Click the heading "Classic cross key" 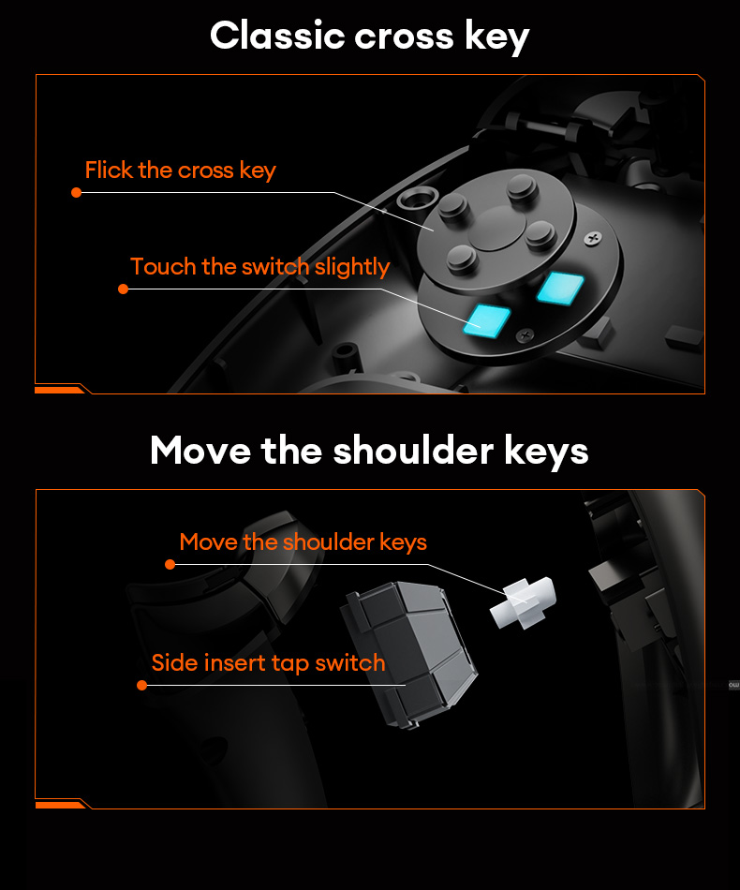click(x=369, y=37)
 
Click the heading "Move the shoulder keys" click(x=369, y=451)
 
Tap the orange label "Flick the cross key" click(x=180, y=171)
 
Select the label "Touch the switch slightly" click(x=259, y=267)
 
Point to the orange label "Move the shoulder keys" click(x=303, y=542)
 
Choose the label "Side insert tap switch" click(x=268, y=663)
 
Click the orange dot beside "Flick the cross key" click(x=77, y=193)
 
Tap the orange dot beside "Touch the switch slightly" click(x=123, y=289)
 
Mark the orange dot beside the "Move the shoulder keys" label click(x=170, y=564)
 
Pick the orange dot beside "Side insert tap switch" click(x=141, y=685)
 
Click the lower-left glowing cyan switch click(x=487, y=319)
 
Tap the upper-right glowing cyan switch click(x=560, y=287)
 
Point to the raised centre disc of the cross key click(x=496, y=228)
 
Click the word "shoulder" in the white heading click(x=415, y=451)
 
